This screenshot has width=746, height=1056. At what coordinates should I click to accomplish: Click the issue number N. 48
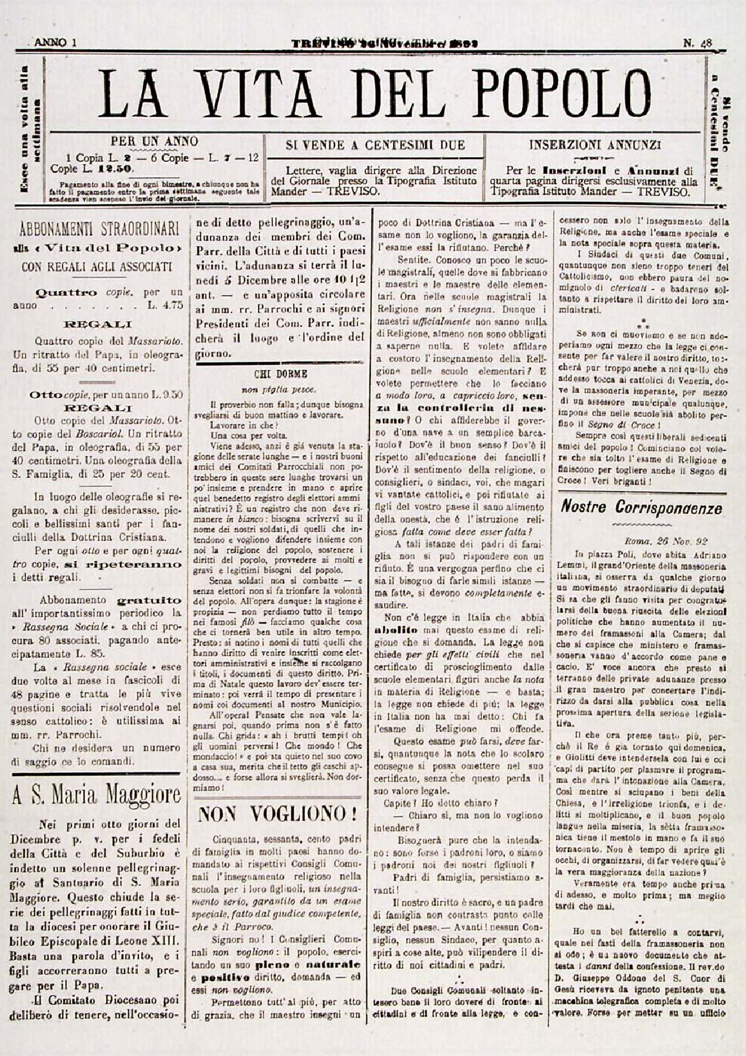coord(698,43)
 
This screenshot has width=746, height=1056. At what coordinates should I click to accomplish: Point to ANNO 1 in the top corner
coord(56,43)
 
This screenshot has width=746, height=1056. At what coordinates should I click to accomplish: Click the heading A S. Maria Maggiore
coord(96,796)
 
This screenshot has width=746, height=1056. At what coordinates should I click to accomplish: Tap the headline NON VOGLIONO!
coord(277,814)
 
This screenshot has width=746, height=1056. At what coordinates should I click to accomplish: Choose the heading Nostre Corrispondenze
coord(641,508)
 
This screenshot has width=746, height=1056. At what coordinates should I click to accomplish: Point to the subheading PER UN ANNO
coord(154,141)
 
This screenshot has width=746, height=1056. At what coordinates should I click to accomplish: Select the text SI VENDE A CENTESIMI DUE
coord(375,146)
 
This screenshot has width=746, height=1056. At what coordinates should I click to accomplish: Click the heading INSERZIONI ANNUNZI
coord(595,145)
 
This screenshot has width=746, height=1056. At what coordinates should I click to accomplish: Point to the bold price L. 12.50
coord(115,169)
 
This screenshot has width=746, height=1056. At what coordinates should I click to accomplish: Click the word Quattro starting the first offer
coord(67,293)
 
